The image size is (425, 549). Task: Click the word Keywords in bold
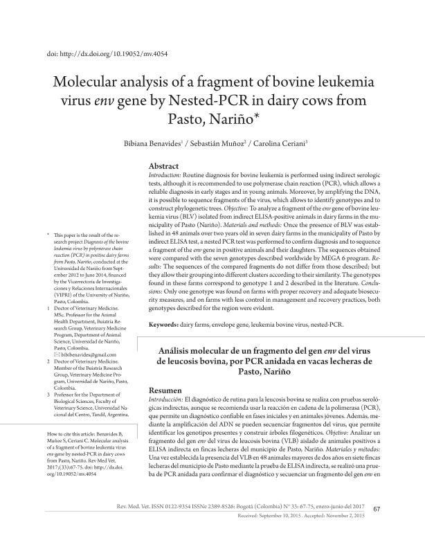click(168, 324)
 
